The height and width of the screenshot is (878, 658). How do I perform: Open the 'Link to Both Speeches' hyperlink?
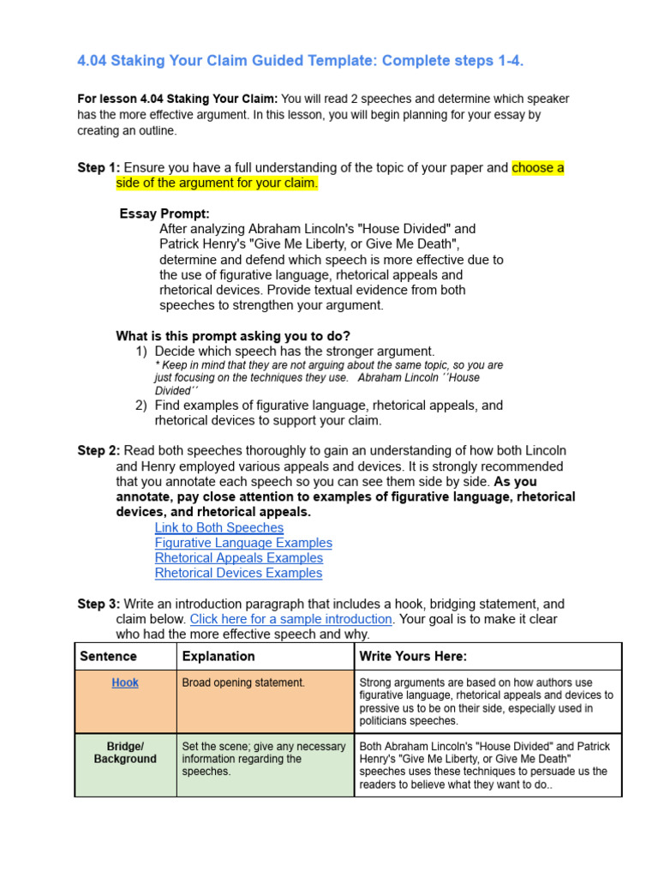218,527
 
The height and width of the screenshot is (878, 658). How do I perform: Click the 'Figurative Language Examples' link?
243,543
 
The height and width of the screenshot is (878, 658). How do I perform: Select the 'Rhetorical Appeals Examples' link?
238,558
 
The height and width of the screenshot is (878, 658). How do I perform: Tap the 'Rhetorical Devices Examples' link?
238,573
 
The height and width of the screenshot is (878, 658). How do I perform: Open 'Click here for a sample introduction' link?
290,619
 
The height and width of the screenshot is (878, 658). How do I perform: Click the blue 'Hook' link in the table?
125,683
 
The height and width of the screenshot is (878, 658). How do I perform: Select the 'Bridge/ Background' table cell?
125,753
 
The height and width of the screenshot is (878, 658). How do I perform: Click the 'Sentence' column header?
108,656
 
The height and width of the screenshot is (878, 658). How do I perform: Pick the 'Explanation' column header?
218,656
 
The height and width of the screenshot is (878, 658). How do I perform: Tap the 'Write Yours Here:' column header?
413,656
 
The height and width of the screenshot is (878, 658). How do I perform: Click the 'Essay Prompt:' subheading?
164,213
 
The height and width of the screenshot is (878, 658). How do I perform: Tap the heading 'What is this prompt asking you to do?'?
233,336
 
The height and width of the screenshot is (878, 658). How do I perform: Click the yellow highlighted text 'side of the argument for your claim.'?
217,183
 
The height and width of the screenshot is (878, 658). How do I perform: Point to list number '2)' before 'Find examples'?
141,406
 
